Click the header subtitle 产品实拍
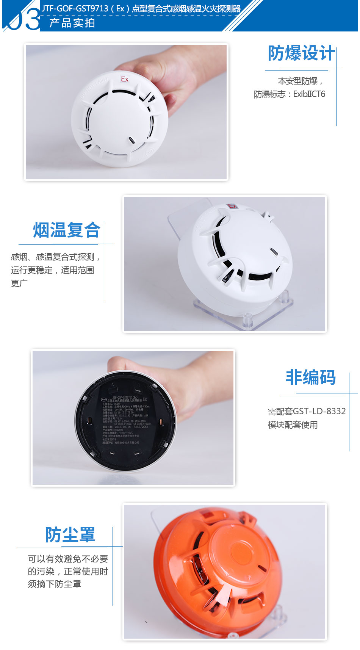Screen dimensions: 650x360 point(72,23)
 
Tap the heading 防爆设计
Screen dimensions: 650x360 point(301,53)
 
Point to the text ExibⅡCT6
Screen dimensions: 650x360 point(309,94)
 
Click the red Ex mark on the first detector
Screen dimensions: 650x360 point(125,79)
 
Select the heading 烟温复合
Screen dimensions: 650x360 point(67,230)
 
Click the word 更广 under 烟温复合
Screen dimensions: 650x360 point(19,283)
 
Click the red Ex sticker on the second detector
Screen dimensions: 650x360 point(232,207)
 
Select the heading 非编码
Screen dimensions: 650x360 point(311,377)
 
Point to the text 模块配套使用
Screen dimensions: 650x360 point(293,425)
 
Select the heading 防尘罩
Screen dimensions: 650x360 point(70,535)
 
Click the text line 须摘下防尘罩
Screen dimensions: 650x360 point(54,584)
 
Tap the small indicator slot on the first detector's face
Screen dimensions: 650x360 point(131,140)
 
